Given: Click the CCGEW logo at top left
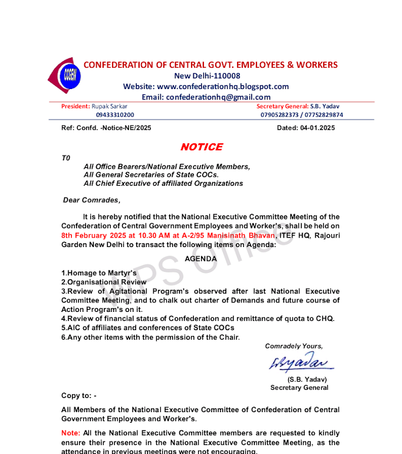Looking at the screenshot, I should click(64, 75).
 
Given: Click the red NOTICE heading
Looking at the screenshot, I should click(201, 147).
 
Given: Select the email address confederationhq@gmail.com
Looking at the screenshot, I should click(218, 97).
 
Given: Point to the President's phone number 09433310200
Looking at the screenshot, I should click(115, 115).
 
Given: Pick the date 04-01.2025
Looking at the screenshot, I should click(317, 128).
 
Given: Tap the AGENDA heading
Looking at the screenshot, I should click(201, 259).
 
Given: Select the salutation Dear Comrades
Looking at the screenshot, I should click(92, 200).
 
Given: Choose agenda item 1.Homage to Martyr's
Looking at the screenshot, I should click(99, 274).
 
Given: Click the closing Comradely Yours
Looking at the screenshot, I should click(294, 346).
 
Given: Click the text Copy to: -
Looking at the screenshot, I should click(78, 396).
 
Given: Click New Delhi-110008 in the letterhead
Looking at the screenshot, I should click(207, 75).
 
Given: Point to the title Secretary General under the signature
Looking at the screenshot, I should click(299, 387).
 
